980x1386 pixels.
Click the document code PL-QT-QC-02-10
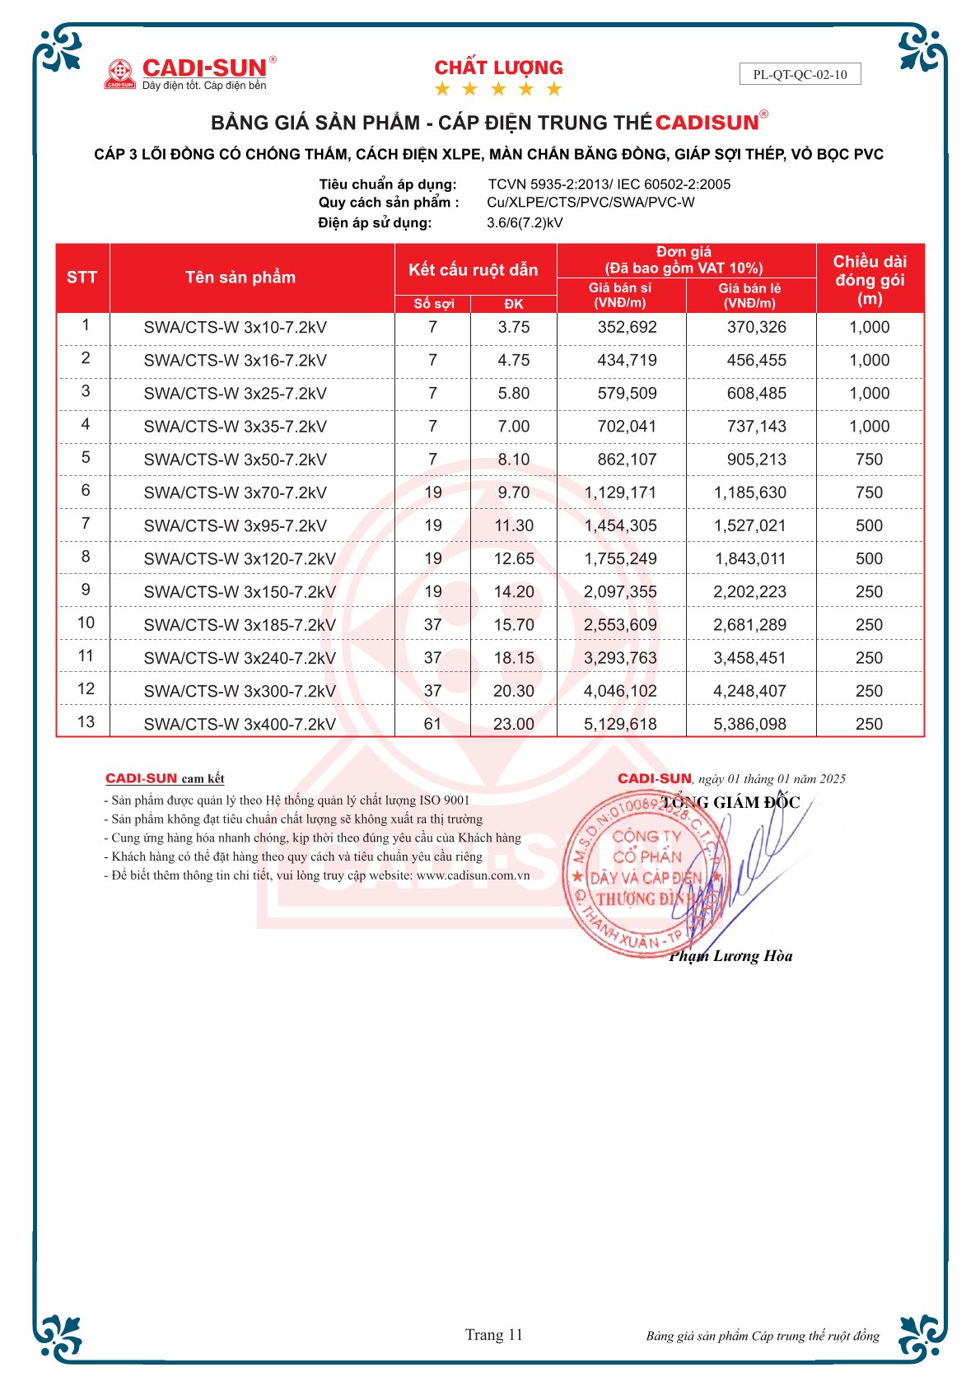[800, 74]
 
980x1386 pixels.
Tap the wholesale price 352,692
[627, 327]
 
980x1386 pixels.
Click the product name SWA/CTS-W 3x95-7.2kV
[235, 525]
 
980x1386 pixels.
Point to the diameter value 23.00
[513, 724]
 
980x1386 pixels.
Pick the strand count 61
[432, 724]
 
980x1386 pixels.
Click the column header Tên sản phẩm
[240, 277]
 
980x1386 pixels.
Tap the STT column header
[82, 277]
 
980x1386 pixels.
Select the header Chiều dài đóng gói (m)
[869, 279]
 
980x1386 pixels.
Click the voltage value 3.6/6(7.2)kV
[525, 222]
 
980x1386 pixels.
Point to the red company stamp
[646, 873]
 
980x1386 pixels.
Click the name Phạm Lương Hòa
[730, 955]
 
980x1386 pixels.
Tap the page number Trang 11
[493, 1334]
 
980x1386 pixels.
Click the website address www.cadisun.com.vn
[473, 875]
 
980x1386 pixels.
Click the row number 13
[86, 721]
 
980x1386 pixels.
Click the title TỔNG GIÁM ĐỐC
[730, 802]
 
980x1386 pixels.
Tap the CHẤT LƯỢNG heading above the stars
[498, 68]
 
